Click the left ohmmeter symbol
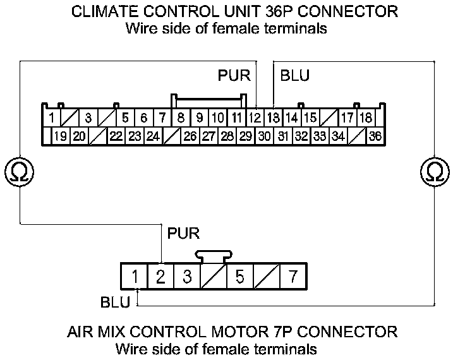click(19, 171)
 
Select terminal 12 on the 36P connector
click(255, 117)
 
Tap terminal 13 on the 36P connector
click(273, 117)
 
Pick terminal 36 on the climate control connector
click(375, 136)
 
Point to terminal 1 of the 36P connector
click(51, 117)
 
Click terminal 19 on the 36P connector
click(61, 136)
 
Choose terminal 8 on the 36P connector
click(181, 117)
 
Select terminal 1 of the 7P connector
click(135, 277)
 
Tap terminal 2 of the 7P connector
click(160, 277)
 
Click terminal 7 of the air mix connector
click(292, 277)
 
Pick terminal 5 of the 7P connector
click(239, 277)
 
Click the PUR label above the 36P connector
click(234, 76)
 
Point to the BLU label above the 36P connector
click(294, 76)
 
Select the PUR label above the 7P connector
click(183, 234)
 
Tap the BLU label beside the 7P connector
click(115, 302)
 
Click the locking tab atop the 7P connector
click(214, 255)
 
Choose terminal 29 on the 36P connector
click(245, 136)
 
